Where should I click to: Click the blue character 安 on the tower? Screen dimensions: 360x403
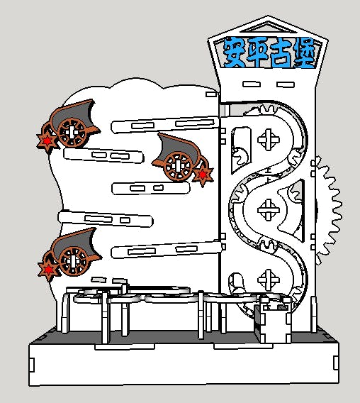[234, 53]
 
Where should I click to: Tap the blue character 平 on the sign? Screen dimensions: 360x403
[257, 53]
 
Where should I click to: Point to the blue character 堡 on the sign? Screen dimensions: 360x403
[304, 53]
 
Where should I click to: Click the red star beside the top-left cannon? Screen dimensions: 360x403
[47, 141]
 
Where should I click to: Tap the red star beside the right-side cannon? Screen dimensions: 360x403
[203, 175]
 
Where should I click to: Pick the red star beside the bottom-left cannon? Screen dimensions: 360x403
[48, 270]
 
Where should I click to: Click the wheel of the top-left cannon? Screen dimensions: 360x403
[72, 133]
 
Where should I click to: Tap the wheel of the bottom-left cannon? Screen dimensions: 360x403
[73, 261]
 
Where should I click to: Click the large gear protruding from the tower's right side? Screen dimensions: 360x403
[328, 211]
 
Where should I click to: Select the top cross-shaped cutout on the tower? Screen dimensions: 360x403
[269, 140]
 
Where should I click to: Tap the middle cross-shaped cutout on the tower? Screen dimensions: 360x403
[269, 210]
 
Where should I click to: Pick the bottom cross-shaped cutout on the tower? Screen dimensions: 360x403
[269, 280]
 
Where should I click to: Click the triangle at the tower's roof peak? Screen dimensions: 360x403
[269, 28]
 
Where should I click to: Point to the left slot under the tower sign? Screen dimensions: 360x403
[252, 84]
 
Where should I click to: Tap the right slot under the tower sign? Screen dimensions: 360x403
[286, 84]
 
